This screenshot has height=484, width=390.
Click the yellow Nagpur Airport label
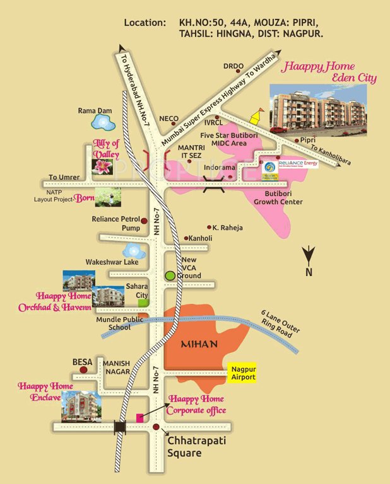[242, 373]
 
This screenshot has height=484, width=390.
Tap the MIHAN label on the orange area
[199, 344]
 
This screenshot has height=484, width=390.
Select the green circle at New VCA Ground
[170, 275]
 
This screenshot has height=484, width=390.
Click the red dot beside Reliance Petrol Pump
[144, 221]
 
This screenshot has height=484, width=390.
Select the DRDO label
[233, 66]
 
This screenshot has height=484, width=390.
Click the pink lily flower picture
[102, 166]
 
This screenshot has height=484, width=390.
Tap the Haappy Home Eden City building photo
[317, 108]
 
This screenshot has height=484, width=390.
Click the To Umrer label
[62, 178]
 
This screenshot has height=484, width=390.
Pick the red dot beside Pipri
[297, 141]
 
